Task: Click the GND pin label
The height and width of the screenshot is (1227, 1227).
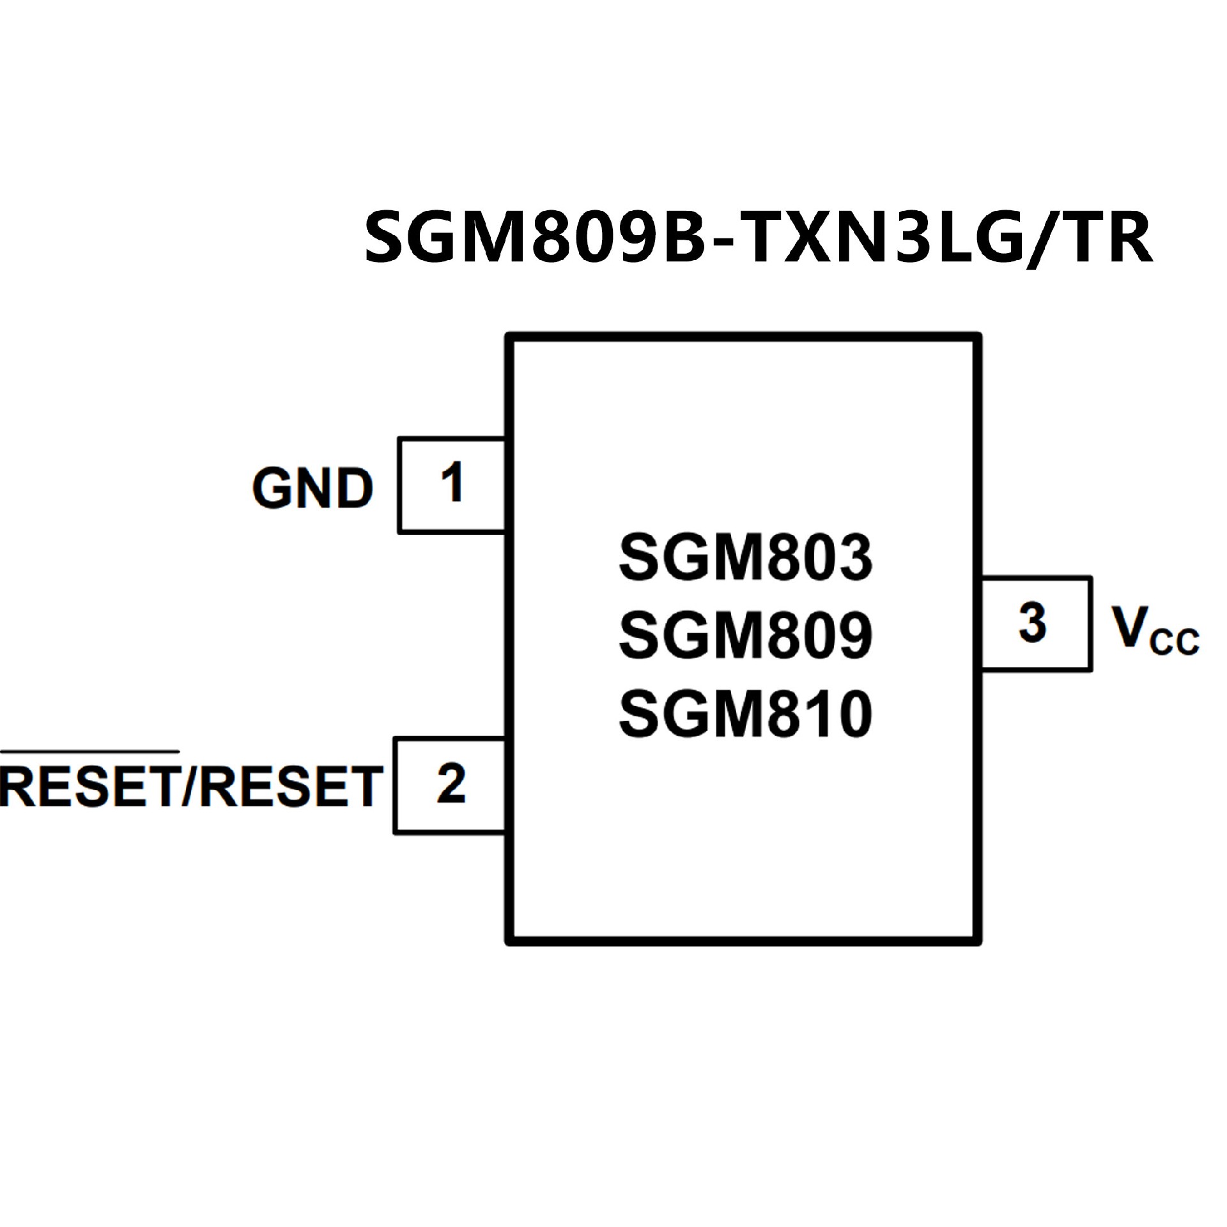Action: [313, 489]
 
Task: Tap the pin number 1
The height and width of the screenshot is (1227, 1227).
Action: [452, 484]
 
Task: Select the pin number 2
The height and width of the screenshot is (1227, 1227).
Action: [451, 784]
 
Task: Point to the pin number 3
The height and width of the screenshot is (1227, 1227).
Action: [1033, 623]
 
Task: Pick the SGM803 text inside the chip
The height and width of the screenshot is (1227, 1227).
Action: [745, 557]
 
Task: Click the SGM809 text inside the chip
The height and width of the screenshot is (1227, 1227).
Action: [745, 635]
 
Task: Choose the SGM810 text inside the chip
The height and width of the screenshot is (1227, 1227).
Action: [745, 714]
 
